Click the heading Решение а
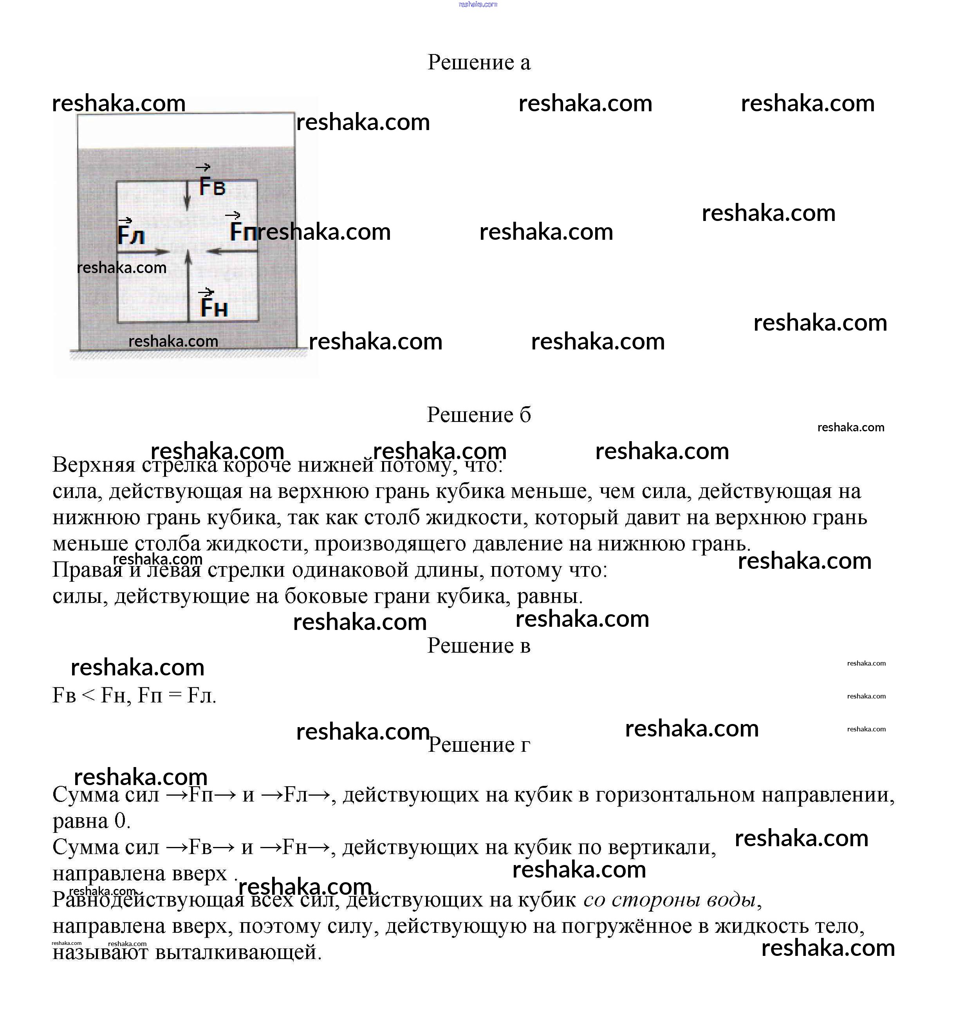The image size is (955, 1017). pyautogui.click(x=478, y=62)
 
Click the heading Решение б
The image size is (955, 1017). pyautogui.click(x=478, y=415)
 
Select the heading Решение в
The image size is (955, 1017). pyautogui.click(x=478, y=646)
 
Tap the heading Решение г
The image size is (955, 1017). pyautogui.click(x=478, y=744)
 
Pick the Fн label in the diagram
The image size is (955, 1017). pyautogui.click(x=214, y=308)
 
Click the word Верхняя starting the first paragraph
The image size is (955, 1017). pyautogui.click(x=94, y=465)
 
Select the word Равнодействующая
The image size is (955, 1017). pyautogui.click(x=148, y=900)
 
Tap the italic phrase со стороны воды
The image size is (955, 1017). pyautogui.click(x=669, y=900)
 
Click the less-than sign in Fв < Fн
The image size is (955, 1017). pyautogui.click(x=88, y=696)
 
